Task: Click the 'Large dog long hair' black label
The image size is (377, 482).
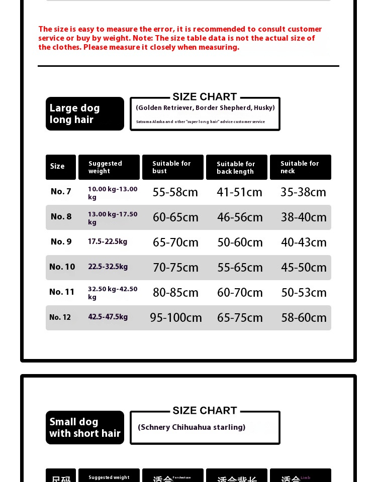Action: pyautogui.click(x=84, y=114)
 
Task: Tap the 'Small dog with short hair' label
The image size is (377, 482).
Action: pyautogui.click(x=84, y=428)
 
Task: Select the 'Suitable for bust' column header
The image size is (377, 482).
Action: pyautogui.click(x=172, y=167)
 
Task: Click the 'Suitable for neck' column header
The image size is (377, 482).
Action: pyautogui.click(x=300, y=167)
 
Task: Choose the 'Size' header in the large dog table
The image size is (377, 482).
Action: pyautogui.click(x=60, y=167)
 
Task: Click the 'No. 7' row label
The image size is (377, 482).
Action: pyautogui.click(x=61, y=191)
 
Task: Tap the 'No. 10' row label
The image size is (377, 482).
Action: pyautogui.click(x=62, y=267)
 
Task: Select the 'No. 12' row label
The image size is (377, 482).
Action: pyautogui.click(x=60, y=317)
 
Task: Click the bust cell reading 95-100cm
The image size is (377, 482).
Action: pyautogui.click(x=176, y=318)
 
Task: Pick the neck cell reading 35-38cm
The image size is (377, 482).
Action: pyautogui.click(x=304, y=192)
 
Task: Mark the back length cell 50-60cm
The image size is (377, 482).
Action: pyautogui.click(x=240, y=243)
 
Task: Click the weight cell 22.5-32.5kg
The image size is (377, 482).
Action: pyautogui.click(x=108, y=267)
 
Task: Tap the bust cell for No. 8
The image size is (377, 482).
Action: pyautogui.click(x=175, y=217)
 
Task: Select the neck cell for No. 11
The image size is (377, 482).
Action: pyautogui.click(x=304, y=293)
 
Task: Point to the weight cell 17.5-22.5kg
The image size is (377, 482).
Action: pyautogui.click(x=108, y=242)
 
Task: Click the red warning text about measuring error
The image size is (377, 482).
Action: pyautogui.click(x=180, y=38)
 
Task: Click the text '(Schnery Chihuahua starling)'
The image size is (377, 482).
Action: pyautogui.click(x=192, y=427)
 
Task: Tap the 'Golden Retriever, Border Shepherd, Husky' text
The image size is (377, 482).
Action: pyautogui.click(x=205, y=107)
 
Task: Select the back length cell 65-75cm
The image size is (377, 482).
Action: pyautogui.click(x=240, y=318)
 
